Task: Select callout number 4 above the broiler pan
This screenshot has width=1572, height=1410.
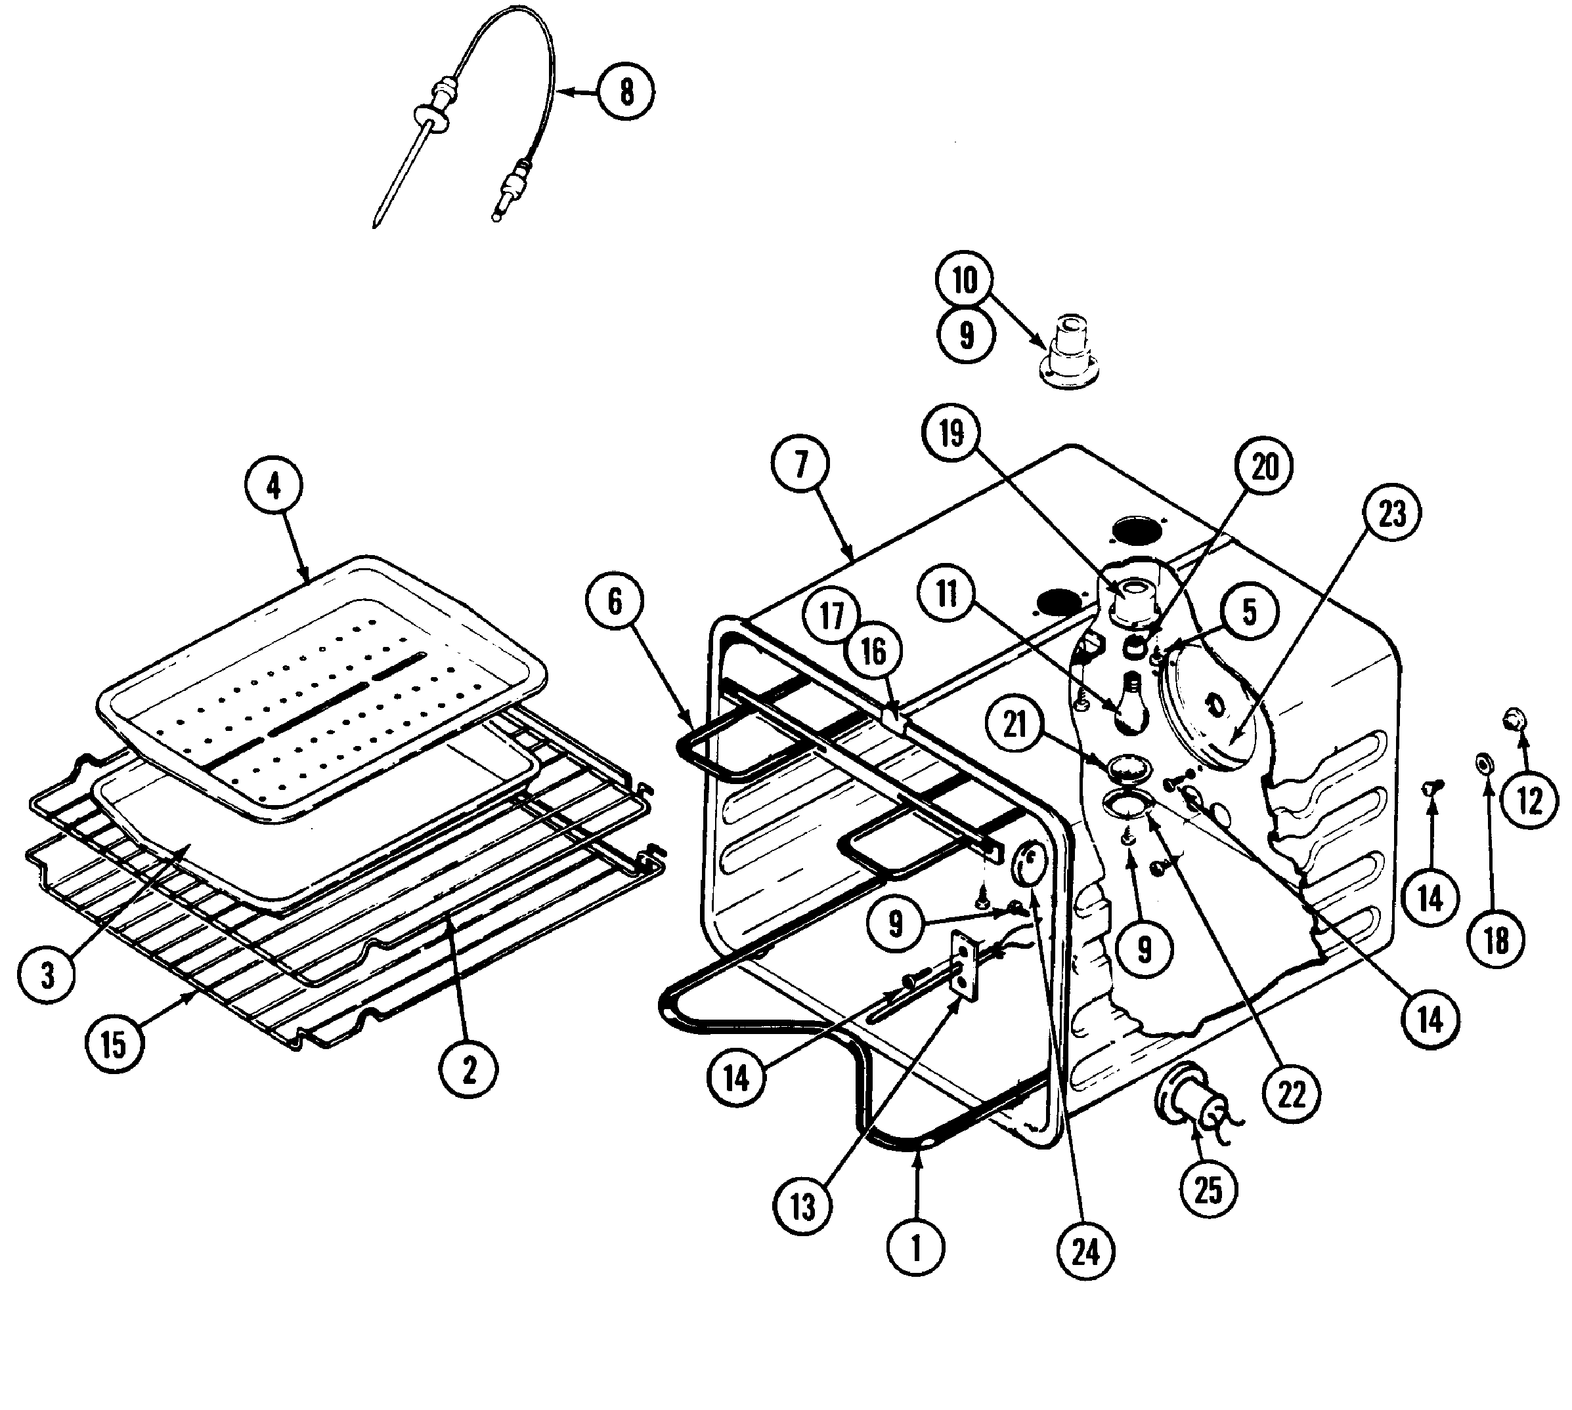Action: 273,485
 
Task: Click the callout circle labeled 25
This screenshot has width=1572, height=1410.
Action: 1208,1189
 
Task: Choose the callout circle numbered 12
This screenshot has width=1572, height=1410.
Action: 1529,801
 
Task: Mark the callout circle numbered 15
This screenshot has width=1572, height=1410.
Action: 114,1043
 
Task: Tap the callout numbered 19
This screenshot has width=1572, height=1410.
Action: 952,433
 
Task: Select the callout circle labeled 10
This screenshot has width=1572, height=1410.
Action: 965,280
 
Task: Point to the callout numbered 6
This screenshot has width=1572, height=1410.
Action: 615,601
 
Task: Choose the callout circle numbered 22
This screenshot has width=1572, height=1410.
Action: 1292,1094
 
